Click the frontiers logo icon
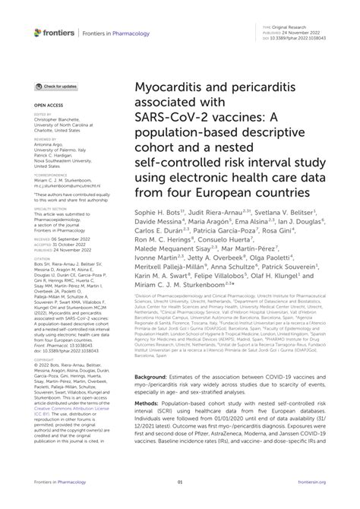pyautogui.click(x=17, y=33)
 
